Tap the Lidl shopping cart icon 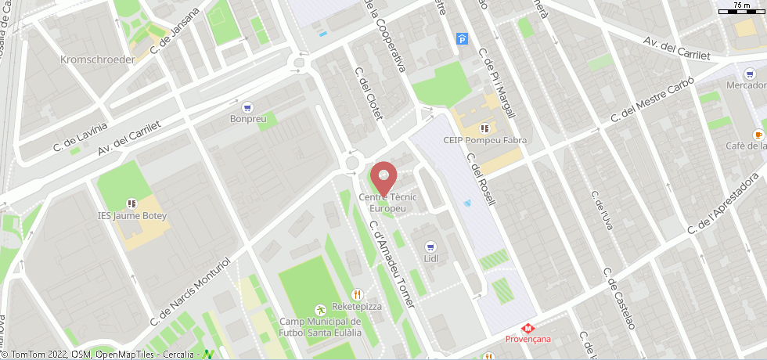tap(430, 246)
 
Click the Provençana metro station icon tap(528, 328)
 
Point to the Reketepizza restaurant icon tap(357, 294)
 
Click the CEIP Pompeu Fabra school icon tap(484, 128)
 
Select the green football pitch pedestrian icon tap(319, 309)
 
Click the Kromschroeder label tap(97, 59)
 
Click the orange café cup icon tap(758, 134)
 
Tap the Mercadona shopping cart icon tap(750, 73)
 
